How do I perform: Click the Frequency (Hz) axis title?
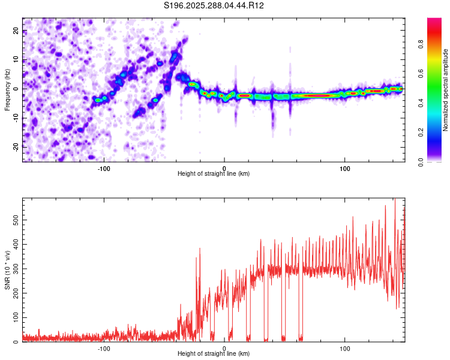click(7, 89)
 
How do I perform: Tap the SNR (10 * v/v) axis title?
click(7, 270)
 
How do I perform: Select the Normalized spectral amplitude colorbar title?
click(445, 90)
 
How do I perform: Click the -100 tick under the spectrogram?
click(104, 167)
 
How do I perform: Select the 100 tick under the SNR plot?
click(345, 347)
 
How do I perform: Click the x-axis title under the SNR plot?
click(214, 354)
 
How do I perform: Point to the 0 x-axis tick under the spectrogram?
click(224, 167)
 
